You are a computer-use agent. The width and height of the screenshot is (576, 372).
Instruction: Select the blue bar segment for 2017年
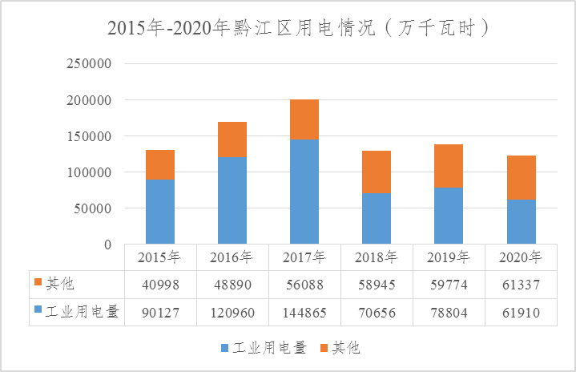[304, 191]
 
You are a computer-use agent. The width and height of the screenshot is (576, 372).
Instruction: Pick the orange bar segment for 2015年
[160, 164]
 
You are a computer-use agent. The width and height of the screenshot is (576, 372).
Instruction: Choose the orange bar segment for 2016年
[232, 139]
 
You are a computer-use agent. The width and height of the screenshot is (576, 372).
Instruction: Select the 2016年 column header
[232, 257]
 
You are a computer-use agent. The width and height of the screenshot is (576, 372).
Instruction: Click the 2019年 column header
[449, 257]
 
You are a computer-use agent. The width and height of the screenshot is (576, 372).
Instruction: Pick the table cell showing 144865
[304, 313]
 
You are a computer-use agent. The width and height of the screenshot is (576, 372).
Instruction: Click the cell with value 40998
[160, 285]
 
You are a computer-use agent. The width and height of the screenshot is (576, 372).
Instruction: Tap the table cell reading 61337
[521, 285]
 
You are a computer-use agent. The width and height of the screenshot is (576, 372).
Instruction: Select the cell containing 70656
[377, 313]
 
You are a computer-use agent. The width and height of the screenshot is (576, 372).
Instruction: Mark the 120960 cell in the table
[232, 313]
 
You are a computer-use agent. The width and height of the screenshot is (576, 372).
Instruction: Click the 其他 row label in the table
[60, 285]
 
